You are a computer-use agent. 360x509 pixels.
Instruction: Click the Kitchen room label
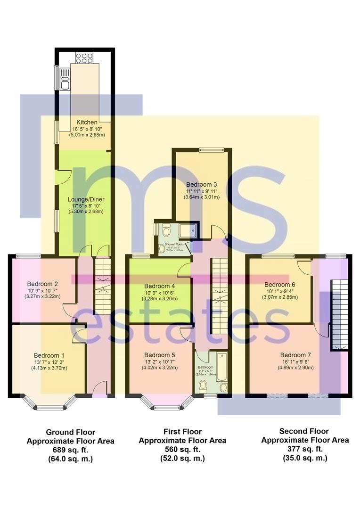pos(87,123)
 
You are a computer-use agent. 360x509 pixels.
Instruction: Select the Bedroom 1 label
pos(49,355)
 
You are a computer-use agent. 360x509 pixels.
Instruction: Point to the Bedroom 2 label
pos(42,284)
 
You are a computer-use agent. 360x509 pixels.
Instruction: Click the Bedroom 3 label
pos(202,184)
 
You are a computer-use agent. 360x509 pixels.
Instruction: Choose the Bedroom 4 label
pos(160,286)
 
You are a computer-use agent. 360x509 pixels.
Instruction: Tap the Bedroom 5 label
pos(160,355)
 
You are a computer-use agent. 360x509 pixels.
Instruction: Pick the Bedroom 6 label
pos(280,285)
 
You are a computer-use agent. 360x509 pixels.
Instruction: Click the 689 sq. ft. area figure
pos(70,449)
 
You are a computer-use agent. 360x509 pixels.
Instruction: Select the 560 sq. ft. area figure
pos(182,449)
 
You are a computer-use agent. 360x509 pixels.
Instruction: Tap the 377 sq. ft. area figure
pos(305,449)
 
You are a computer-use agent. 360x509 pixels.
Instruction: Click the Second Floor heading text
pos(304,431)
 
